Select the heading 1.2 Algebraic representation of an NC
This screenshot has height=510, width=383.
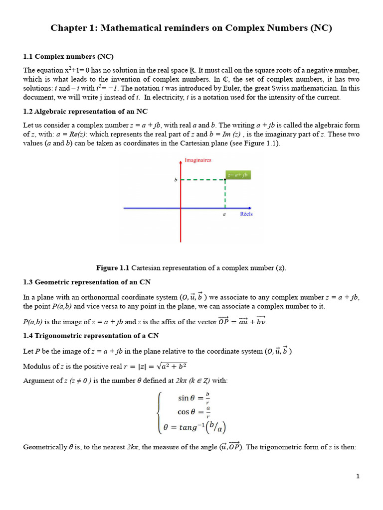pyautogui.click(x=85, y=111)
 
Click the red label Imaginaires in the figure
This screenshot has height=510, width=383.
pyautogui.click(x=198, y=160)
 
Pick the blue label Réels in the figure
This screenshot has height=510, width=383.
pyautogui.click(x=246, y=214)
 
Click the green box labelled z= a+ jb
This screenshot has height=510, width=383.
pyautogui.click(x=238, y=175)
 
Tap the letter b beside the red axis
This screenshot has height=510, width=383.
pyautogui.click(x=176, y=180)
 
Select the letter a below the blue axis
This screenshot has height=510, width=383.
pyautogui.click(x=224, y=215)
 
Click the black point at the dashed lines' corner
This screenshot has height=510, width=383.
pyautogui.click(x=225, y=180)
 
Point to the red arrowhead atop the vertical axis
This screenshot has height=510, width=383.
pyautogui.click(x=181, y=161)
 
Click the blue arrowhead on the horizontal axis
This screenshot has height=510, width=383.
pyautogui.click(x=249, y=208)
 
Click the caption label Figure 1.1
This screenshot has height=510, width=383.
pyautogui.click(x=113, y=268)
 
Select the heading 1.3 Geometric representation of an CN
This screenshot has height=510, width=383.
pyautogui.click(x=87, y=282)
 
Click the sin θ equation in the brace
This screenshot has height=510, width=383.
pyautogui.click(x=193, y=398)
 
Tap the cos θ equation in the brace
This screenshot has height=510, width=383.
pyautogui.click(x=193, y=412)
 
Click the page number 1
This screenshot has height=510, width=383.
pyautogui.click(x=358, y=476)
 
